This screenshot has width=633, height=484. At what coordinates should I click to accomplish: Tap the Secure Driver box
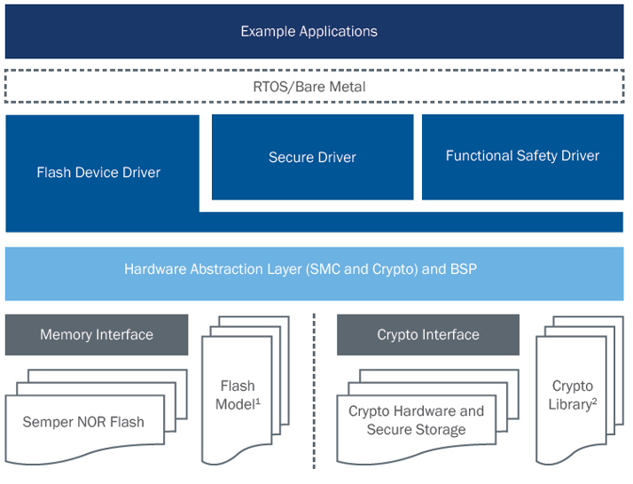pos(312,157)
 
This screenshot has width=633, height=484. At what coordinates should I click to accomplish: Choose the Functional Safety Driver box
pos(522,156)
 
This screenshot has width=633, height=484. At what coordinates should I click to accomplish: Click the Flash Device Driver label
pos(98,172)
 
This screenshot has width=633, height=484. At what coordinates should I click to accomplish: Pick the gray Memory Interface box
pos(97,334)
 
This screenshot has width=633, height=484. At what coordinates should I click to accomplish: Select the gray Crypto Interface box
pos(428,334)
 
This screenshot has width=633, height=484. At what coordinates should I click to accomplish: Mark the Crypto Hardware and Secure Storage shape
pos(416,421)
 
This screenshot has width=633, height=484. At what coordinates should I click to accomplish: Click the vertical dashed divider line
pos(315,390)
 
